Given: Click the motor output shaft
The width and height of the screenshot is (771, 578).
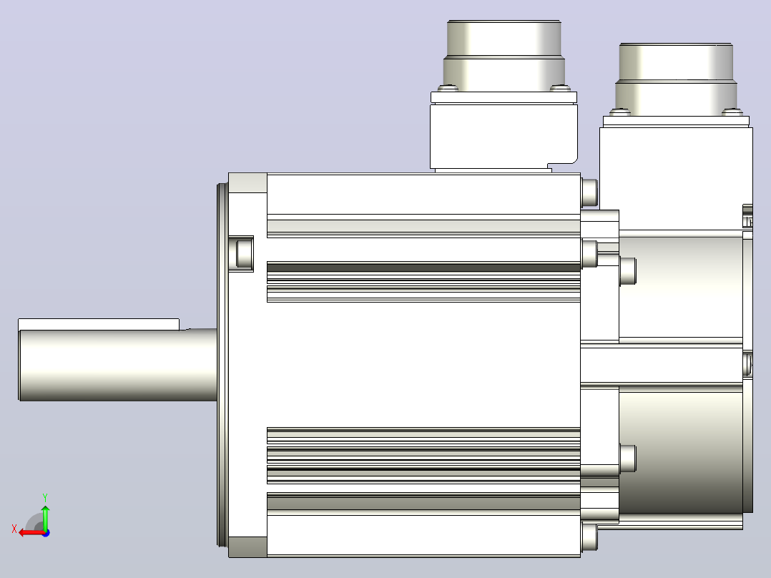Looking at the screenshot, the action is tap(118, 365).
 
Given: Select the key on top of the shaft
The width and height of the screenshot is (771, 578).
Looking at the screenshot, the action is tap(99, 325).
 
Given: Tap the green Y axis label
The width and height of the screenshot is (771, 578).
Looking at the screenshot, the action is tap(45, 497).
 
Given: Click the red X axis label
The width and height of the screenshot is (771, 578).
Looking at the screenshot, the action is tap(14, 529).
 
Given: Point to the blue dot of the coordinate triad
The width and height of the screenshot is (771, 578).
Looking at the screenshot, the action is tap(46, 533).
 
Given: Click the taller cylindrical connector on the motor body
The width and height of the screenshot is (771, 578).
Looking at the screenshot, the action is tap(504, 56).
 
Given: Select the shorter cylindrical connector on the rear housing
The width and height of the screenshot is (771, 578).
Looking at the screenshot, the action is tap(676, 79).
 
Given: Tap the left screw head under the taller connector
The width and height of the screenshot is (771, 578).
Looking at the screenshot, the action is tap(448, 89).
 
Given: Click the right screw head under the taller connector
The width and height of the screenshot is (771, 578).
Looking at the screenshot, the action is tap(560, 89).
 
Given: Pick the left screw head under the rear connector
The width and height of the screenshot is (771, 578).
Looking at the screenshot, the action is tap(620, 112).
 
